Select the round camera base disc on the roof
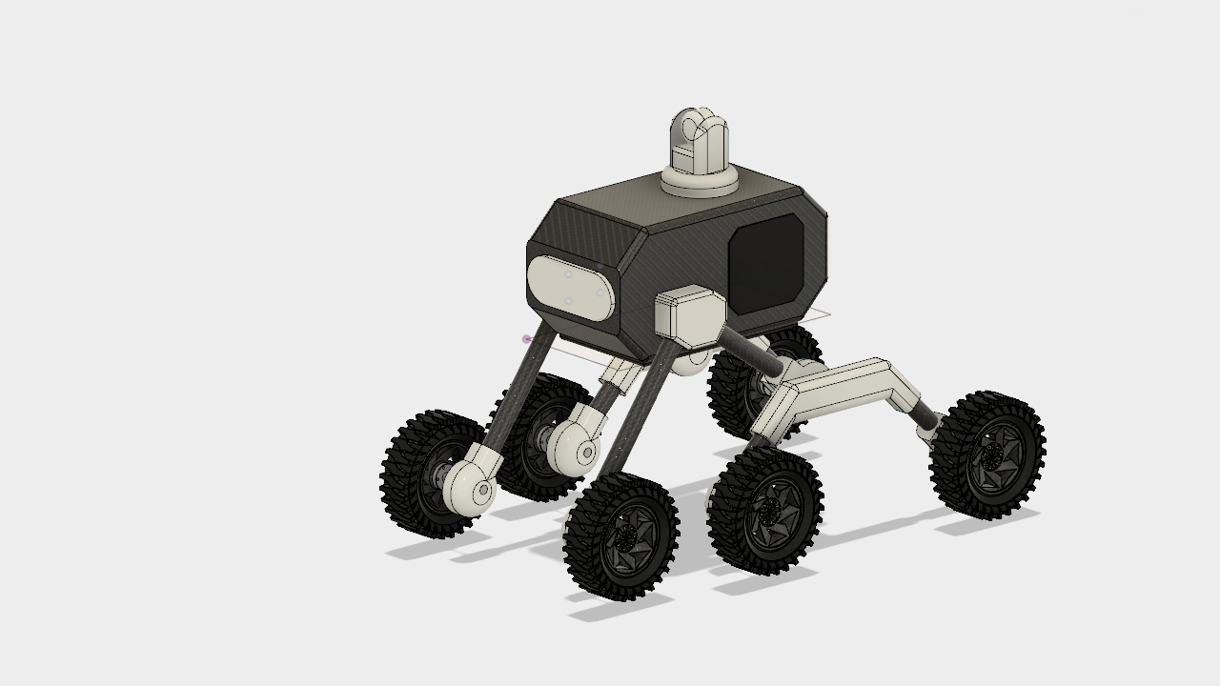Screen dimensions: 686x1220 tap(701, 181)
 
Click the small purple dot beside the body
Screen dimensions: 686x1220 tap(526, 339)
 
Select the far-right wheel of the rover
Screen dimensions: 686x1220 tap(987, 455)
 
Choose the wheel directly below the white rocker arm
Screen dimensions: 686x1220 tap(765, 511)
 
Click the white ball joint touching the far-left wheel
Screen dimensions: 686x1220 tap(472, 486)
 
